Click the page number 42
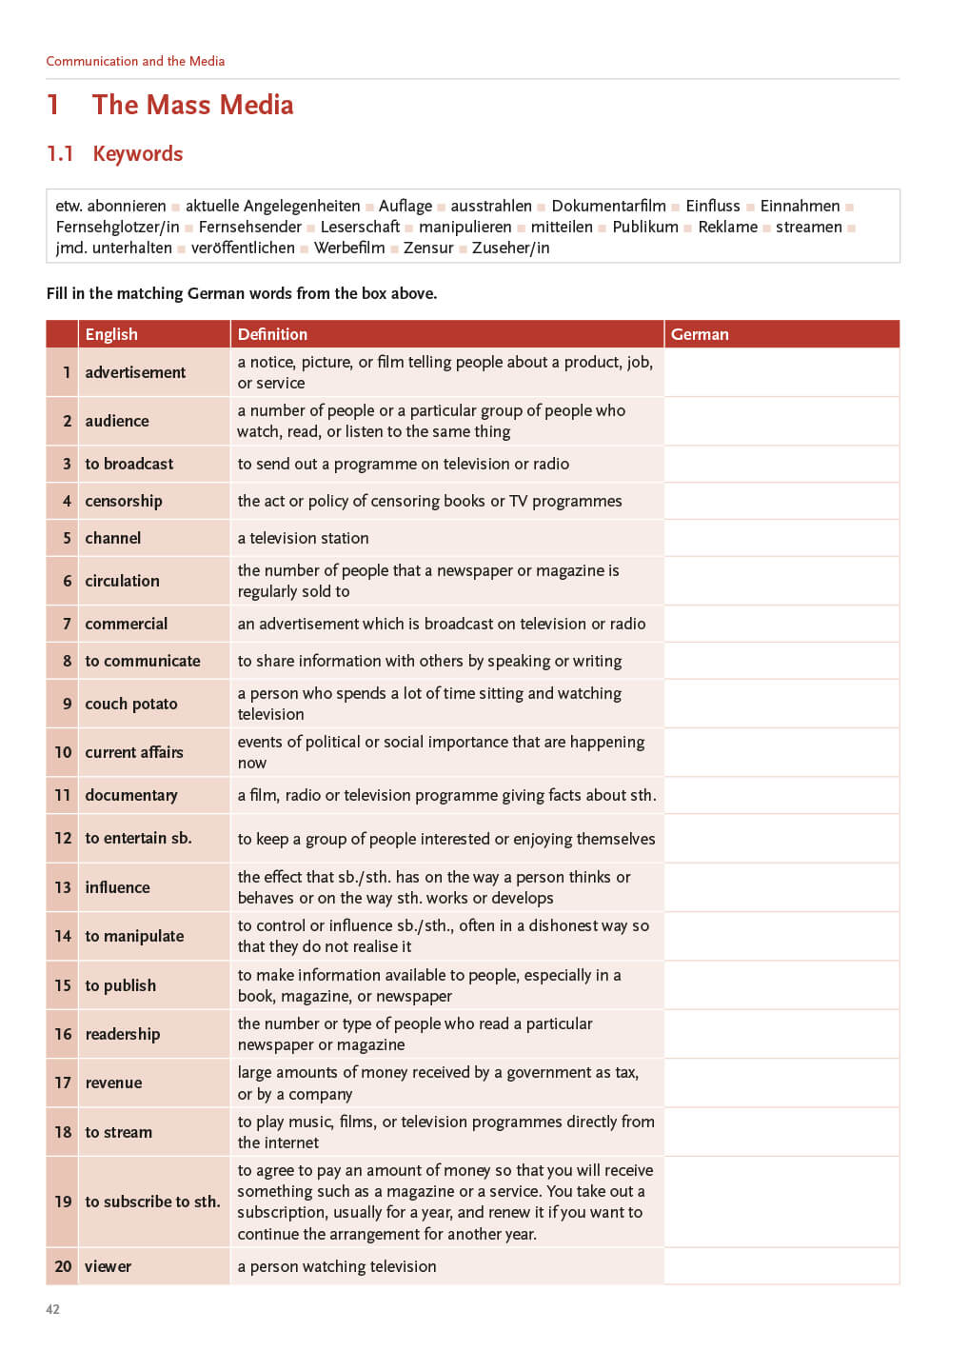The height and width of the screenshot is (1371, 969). click(x=53, y=1309)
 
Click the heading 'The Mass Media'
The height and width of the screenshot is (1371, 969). click(x=192, y=105)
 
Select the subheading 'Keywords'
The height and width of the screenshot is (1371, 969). click(x=138, y=154)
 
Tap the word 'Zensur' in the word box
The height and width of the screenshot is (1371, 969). click(x=428, y=248)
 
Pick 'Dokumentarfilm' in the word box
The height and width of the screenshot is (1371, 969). click(x=608, y=206)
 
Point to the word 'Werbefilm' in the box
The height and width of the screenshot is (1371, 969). click(x=349, y=248)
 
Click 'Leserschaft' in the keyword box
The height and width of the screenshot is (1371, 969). click(x=360, y=227)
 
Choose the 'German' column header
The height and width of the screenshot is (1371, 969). click(x=700, y=334)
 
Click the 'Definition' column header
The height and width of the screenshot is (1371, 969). click(x=272, y=334)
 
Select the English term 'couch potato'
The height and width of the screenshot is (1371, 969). click(x=131, y=704)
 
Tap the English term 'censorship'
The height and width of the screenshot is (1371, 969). click(x=124, y=501)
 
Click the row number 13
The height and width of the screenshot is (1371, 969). click(x=63, y=887)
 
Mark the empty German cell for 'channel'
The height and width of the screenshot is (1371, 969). click(x=781, y=538)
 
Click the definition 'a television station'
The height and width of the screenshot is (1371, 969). click(x=303, y=538)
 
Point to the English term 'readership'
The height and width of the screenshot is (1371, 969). click(x=123, y=1034)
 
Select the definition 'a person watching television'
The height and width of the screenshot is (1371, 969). click(x=337, y=1266)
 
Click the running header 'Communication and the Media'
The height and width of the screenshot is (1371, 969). click(x=135, y=61)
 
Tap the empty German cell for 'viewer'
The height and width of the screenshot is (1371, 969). click(x=781, y=1266)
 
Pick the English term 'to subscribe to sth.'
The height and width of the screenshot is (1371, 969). click(x=152, y=1202)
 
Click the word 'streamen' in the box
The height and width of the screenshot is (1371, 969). click(x=808, y=227)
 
